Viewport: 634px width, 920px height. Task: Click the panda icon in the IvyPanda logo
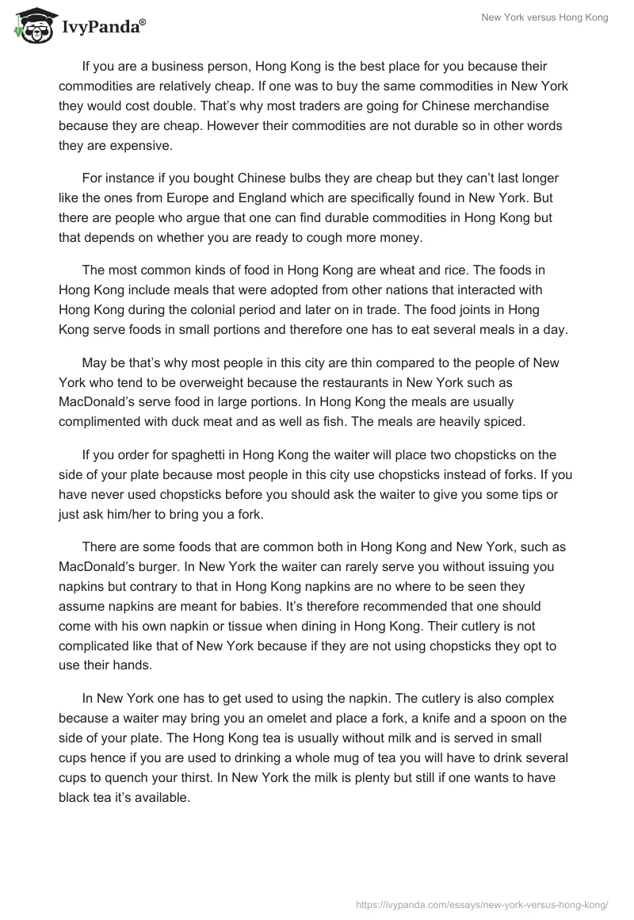31,25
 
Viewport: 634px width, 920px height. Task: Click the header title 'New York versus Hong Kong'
544,17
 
